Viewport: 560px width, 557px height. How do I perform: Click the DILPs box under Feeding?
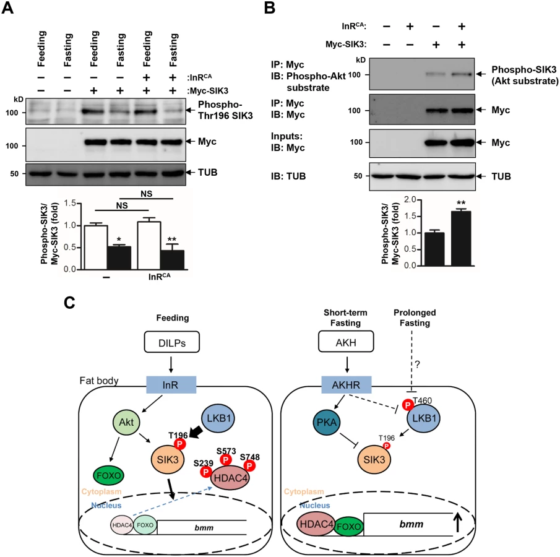coord(172,342)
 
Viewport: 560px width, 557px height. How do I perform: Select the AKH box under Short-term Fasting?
coord(346,341)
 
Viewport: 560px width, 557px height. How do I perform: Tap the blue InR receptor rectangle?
coord(171,385)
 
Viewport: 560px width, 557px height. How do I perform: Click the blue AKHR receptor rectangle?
coord(346,385)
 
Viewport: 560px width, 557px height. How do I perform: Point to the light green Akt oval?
coord(126,422)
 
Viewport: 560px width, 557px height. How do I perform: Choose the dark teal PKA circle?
coord(327,422)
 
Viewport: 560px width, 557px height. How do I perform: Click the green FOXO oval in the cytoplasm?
coord(108,475)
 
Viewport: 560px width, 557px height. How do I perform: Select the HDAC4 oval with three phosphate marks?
coord(230,477)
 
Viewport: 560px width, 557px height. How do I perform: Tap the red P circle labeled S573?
coord(226,460)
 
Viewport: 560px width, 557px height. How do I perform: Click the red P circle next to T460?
coord(408,405)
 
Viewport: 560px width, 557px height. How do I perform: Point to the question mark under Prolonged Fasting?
coord(417,365)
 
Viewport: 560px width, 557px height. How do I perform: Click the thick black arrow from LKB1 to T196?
coord(196,433)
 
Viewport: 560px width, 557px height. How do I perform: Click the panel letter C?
coord(69,303)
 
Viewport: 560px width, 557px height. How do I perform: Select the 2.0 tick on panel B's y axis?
coord(410,199)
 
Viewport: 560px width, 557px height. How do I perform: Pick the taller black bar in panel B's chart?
coord(461,239)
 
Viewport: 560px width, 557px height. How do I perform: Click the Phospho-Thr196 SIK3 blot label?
coord(225,110)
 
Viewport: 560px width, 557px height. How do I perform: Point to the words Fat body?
coord(99,381)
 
